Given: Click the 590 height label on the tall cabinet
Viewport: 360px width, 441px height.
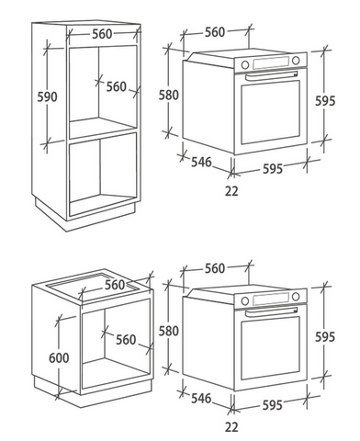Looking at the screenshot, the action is pos(47,96).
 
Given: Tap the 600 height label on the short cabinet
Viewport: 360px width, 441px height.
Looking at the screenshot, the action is pos(59,357).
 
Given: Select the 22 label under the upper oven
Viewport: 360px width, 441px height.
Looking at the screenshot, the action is pos(231,191).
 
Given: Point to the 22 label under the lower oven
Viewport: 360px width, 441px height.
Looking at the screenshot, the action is pos(231,427).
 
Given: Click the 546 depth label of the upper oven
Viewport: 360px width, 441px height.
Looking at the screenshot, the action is pos(201,162).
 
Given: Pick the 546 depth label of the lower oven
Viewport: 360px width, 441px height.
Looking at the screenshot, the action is pos(201,398).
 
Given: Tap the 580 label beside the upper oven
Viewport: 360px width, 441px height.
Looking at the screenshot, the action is pos(169,95).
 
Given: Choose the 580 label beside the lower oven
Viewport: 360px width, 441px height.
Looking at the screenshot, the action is pos(169,331).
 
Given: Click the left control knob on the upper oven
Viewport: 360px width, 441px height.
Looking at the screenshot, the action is pos(245,64).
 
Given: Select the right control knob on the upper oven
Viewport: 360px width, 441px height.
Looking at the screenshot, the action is pos(296,61).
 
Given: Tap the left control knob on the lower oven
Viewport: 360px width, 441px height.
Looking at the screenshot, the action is pos(245,300).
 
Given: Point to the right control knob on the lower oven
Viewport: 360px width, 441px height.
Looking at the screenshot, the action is pos(296,297).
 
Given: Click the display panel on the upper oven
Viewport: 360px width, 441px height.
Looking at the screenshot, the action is pos(271,62).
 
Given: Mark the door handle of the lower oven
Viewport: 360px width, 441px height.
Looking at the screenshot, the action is pos(271,311).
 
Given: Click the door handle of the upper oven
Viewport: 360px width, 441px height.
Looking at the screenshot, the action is pos(271,75).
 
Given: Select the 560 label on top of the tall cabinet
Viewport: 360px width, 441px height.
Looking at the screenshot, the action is pos(102,34).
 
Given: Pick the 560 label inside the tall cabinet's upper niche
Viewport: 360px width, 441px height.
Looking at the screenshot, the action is pos(117,86).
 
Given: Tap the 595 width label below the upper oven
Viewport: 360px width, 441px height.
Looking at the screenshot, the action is pos(273,169).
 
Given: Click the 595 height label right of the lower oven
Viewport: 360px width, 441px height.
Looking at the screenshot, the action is pos(325,337).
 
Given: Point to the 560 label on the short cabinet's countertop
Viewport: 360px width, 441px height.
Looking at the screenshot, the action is pos(115,285).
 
